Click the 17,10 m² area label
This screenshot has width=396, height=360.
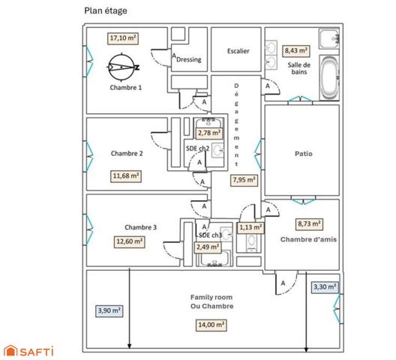tap(123, 38)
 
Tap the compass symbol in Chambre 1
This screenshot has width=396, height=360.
tap(122, 67)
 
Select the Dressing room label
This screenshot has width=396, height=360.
tap(189, 59)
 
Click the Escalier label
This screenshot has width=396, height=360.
tap(238, 51)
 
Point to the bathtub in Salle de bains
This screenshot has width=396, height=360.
tap(329, 78)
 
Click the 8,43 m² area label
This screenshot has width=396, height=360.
tap(296, 51)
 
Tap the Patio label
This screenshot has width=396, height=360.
tap(303, 154)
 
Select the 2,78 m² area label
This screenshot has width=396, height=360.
tap(209, 133)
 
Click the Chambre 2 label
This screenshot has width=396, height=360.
tap(127, 153)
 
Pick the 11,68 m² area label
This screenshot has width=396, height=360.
tap(126, 175)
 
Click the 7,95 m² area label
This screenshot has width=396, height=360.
tap(244, 180)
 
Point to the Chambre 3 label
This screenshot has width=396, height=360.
tap(141, 227)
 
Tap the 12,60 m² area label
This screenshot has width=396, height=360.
tap(129, 241)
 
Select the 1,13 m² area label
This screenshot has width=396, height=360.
tap(250, 227)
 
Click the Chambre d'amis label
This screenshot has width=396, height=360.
tap(308, 239)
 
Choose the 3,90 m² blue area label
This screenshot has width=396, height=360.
tap(109, 310)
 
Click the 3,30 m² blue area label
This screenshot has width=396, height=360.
tap(325, 287)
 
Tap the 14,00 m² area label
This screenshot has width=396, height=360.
tap(211, 325)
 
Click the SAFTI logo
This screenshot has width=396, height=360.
tap(29, 351)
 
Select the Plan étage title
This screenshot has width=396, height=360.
tap(106, 10)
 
